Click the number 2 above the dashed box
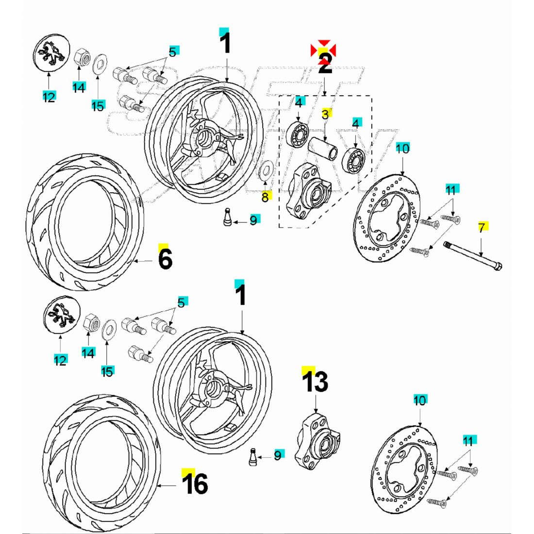point(325,65)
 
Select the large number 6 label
point(165,259)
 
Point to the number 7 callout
point(481,228)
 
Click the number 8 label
point(265,197)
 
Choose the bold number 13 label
point(316,382)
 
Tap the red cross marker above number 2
point(323,49)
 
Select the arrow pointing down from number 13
point(316,403)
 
